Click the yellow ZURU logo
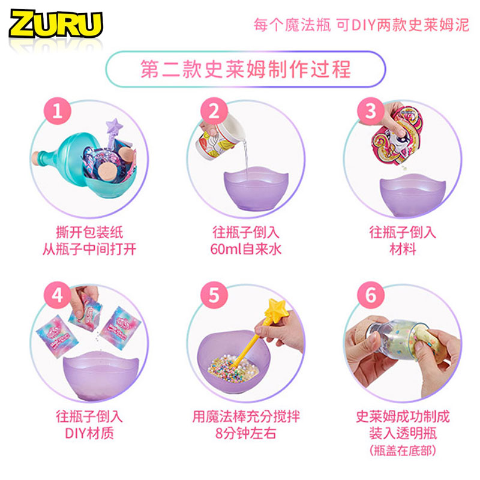(56, 24)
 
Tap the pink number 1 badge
(58, 111)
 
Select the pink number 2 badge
(214, 111)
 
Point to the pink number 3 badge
(371, 111)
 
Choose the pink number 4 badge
(58, 295)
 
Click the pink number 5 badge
(214, 295)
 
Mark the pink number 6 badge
(371, 295)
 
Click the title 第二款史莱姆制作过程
(245, 69)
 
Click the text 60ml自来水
(245, 249)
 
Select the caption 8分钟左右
(245, 433)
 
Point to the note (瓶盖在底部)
(403, 451)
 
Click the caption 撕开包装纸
(89, 233)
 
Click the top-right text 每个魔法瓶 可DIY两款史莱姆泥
(361, 25)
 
